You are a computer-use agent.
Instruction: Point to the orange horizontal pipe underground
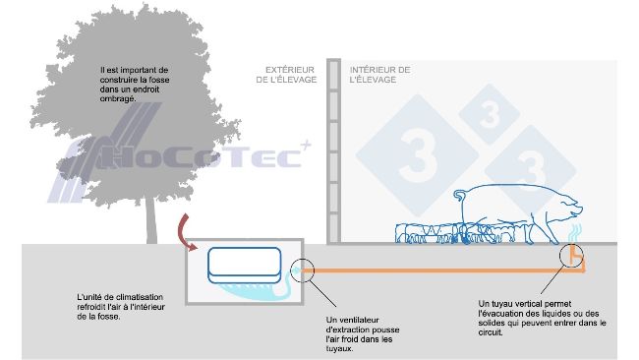[x=433, y=270]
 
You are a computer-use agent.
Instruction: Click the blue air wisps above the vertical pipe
[x=574, y=232]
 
